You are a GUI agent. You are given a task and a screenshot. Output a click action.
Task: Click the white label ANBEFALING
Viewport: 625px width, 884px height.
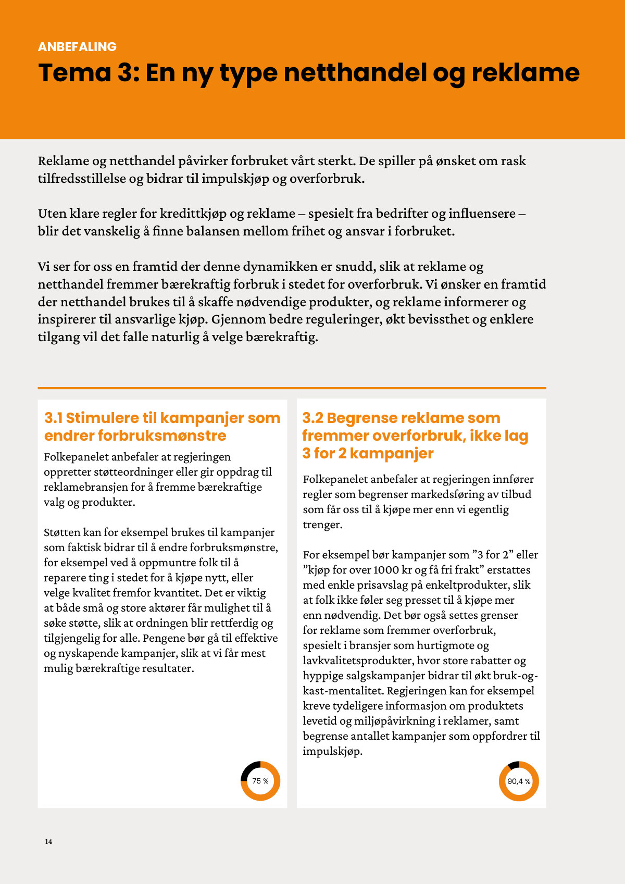[77, 47]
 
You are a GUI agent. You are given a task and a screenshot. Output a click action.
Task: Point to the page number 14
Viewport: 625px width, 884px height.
[48, 841]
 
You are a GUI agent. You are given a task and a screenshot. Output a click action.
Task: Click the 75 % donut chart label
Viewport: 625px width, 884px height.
[260, 781]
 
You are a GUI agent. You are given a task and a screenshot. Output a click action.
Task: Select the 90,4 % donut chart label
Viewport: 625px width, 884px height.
[519, 781]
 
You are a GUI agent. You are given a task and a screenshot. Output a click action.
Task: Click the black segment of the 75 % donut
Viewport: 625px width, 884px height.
[249, 769]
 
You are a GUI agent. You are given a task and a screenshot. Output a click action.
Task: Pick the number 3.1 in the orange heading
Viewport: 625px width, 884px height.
[53, 418]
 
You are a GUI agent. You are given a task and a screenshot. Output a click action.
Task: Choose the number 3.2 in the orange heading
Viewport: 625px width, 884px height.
[312, 418]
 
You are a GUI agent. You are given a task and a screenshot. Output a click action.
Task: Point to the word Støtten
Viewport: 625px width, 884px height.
[62, 532]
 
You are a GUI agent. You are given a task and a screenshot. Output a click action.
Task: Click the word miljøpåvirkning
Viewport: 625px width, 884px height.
[393, 721]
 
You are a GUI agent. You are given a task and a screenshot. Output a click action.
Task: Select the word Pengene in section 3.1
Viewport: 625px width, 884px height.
[161, 638]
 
